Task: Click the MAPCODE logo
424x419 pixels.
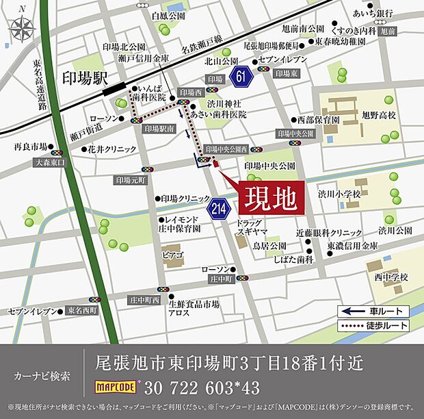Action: tap(117, 388)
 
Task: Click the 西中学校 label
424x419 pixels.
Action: tap(390, 277)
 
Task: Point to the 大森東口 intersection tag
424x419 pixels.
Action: tap(50, 163)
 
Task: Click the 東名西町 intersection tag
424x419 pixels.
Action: tap(83, 310)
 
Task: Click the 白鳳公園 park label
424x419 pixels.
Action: tap(168, 15)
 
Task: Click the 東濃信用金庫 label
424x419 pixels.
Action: tap(352, 246)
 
